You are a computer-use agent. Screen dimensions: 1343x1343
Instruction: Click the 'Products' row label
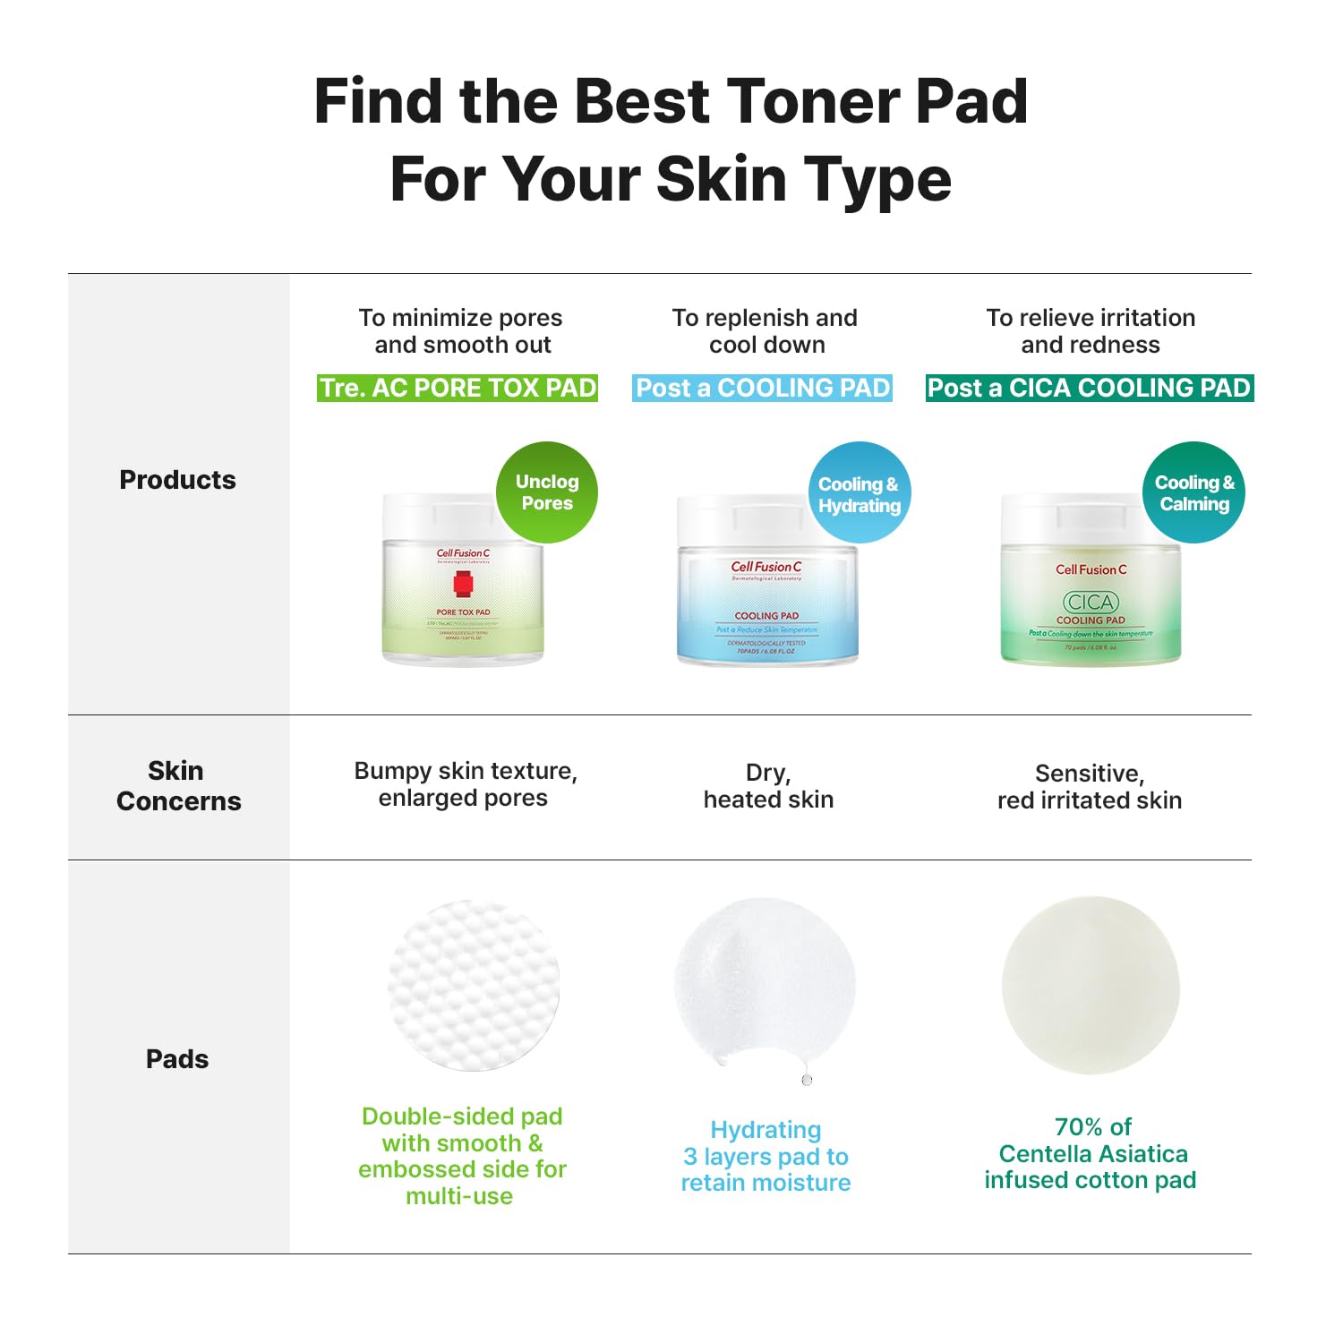pyautogui.click(x=177, y=480)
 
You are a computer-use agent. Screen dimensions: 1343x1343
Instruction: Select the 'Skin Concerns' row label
pyautogui.click(x=178, y=785)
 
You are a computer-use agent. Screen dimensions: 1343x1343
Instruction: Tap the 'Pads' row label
pyautogui.click(x=177, y=1059)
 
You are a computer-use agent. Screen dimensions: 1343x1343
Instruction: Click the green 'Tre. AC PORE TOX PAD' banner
pyautogui.click(x=458, y=388)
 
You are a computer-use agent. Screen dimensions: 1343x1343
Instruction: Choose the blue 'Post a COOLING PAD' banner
pyautogui.click(x=763, y=388)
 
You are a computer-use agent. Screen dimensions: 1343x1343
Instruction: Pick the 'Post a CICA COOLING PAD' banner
pyautogui.click(x=1089, y=388)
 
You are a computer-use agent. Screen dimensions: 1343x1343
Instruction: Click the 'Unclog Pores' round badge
pyautogui.click(x=547, y=492)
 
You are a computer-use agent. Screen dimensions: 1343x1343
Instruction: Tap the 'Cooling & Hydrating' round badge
pyautogui.click(x=859, y=493)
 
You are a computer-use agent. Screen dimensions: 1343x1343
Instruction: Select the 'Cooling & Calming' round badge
pyautogui.click(x=1193, y=492)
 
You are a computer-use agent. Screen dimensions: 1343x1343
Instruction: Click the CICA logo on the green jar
pyautogui.click(x=1090, y=602)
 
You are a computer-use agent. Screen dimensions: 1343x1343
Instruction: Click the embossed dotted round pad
pyautogui.click(x=474, y=985)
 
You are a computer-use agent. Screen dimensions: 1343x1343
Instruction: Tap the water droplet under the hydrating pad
pyautogui.click(x=807, y=1080)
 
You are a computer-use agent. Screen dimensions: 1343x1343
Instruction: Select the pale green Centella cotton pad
pyautogui.click(x=1091, y=985)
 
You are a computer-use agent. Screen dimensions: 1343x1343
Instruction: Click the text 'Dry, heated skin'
pyautogui.click(x=768, y=786)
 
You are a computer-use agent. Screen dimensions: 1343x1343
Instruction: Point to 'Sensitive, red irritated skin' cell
pyautogui.click(x=1090, y=786)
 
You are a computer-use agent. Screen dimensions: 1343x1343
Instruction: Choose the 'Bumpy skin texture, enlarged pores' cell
pyautogui.click(x=465, y=784)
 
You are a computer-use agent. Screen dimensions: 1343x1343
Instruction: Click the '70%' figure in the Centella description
pyautogui.click(x=1079, y=1126)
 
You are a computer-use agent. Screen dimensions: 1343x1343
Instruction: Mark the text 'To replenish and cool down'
pyautogui.click(x=766, y=331)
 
